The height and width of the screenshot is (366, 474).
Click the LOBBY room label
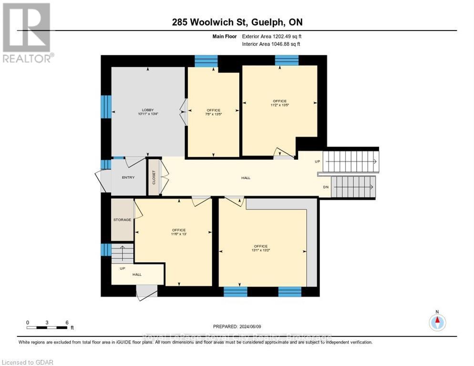tap(148, 110)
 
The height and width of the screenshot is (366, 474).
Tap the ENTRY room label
tap(128, 178)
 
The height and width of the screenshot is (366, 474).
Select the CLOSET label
tap(154, 177)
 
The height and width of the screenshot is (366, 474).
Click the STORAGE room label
tap(122, 220)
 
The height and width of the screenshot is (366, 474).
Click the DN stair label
tap(326, 187)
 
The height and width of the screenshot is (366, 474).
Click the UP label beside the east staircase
tap(318, 162)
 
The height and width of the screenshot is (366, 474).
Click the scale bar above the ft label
tap(47, 327)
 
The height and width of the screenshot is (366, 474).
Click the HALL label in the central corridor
tap(246, 178)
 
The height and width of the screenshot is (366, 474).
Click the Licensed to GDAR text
tap(28, 362)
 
